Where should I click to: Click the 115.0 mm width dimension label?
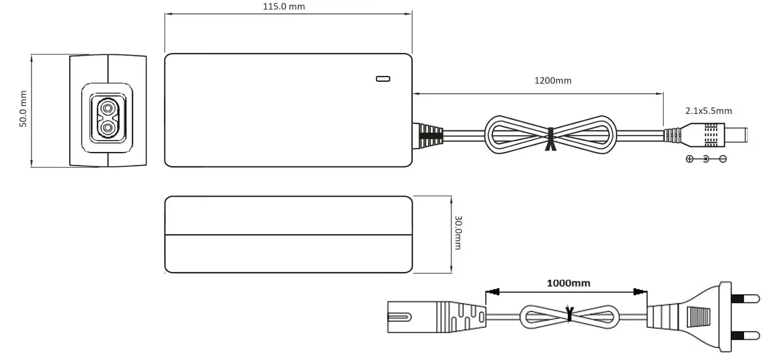click(284, 7)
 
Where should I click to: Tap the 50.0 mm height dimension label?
click(23, 109)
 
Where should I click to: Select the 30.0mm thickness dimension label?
click(457, 233)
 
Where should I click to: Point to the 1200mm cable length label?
click(552, 81)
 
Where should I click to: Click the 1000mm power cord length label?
click(568, 283)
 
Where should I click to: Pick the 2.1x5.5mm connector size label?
click(708, 111)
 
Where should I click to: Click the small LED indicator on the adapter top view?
click(383, 79)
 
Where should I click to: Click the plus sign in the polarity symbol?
click(689, 159)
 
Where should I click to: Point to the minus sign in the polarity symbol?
click(723, 159)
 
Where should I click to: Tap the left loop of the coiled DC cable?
click(514, 134)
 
